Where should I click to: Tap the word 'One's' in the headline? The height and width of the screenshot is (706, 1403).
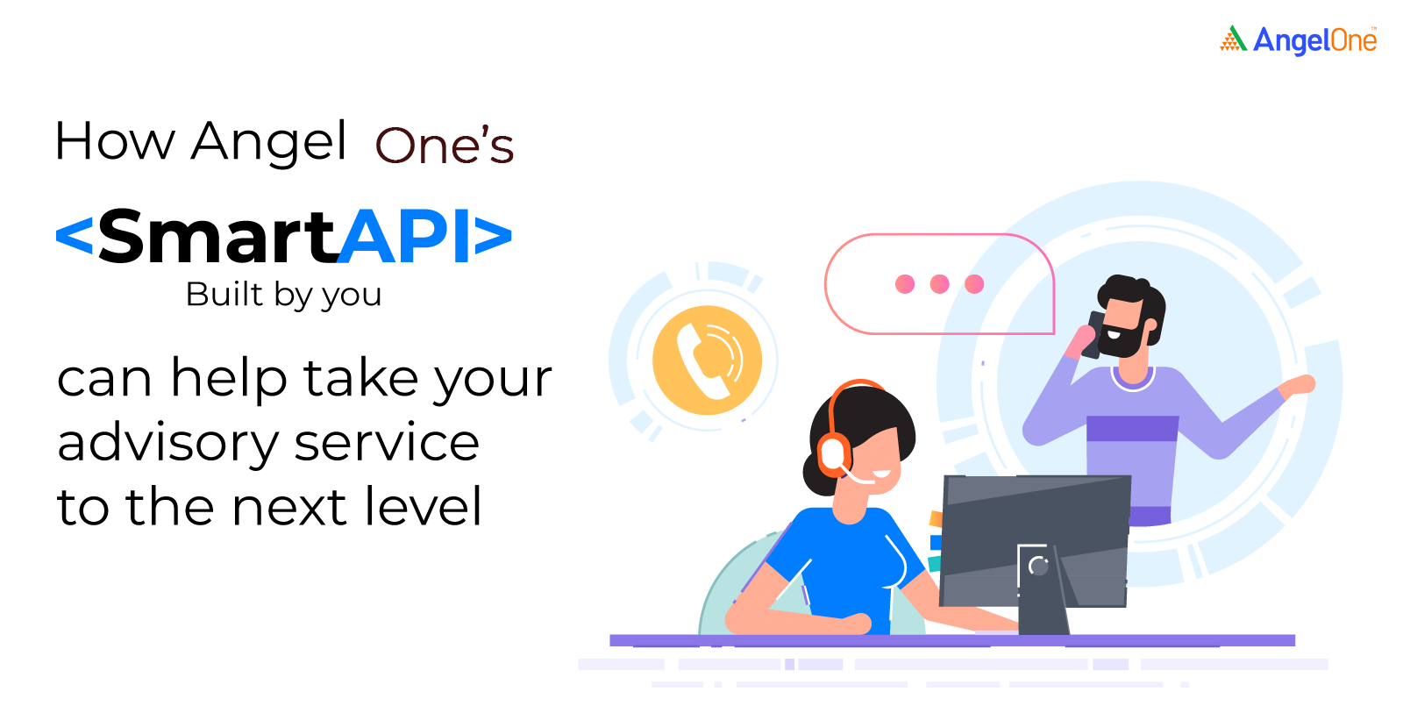click(444, 146)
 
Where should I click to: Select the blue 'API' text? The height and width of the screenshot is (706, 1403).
click(403, 236)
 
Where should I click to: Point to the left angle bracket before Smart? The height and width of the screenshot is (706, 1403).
click(75, 236)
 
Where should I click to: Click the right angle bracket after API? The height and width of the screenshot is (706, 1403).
click(493, 236)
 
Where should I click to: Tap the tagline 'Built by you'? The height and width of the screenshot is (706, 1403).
click(283, 295)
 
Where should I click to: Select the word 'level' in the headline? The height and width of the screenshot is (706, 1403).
click(423, 505)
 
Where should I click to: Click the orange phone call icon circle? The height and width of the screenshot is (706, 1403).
click(707, 360)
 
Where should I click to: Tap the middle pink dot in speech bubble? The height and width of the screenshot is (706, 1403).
click(939, 284)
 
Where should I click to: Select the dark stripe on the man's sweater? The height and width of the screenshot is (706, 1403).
click(1132, 429)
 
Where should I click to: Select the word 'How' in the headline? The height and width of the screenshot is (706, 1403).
click(115, 141)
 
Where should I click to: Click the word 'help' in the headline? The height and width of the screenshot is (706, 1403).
click(229, 379)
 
